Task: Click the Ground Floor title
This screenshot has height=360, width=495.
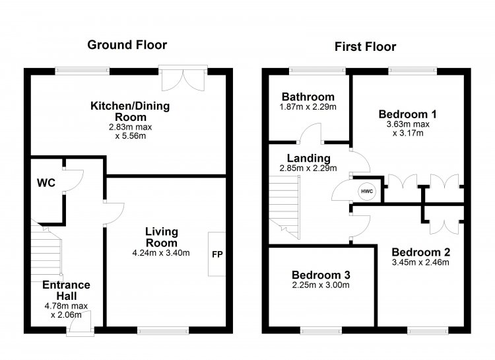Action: pos(127,45)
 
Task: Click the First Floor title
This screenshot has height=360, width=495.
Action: pos(365,47)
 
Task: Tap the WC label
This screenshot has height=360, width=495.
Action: pos(46,183)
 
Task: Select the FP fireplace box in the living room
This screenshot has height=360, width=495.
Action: pos(216,254)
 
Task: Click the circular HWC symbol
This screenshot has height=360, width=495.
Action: pos(367,191)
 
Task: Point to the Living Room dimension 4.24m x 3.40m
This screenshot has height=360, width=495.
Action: pos(161,253)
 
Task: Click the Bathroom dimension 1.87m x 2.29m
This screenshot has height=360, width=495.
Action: pos(308,107)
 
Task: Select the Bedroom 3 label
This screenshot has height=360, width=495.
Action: pos(321,275)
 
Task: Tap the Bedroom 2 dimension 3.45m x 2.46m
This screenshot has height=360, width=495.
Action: pos(420,262)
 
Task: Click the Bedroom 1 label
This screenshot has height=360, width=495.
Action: pos(408,114)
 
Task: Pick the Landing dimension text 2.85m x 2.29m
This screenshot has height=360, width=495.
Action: pos(308,168)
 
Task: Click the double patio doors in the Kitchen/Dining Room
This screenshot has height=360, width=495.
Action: pos(183,79)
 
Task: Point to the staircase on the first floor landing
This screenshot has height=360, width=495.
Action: pos(284,207)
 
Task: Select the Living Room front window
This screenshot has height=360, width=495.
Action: pos(163,331)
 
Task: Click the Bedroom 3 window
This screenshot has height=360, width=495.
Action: pos(321,331)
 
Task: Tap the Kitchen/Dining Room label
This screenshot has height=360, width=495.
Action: pos(130,111)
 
